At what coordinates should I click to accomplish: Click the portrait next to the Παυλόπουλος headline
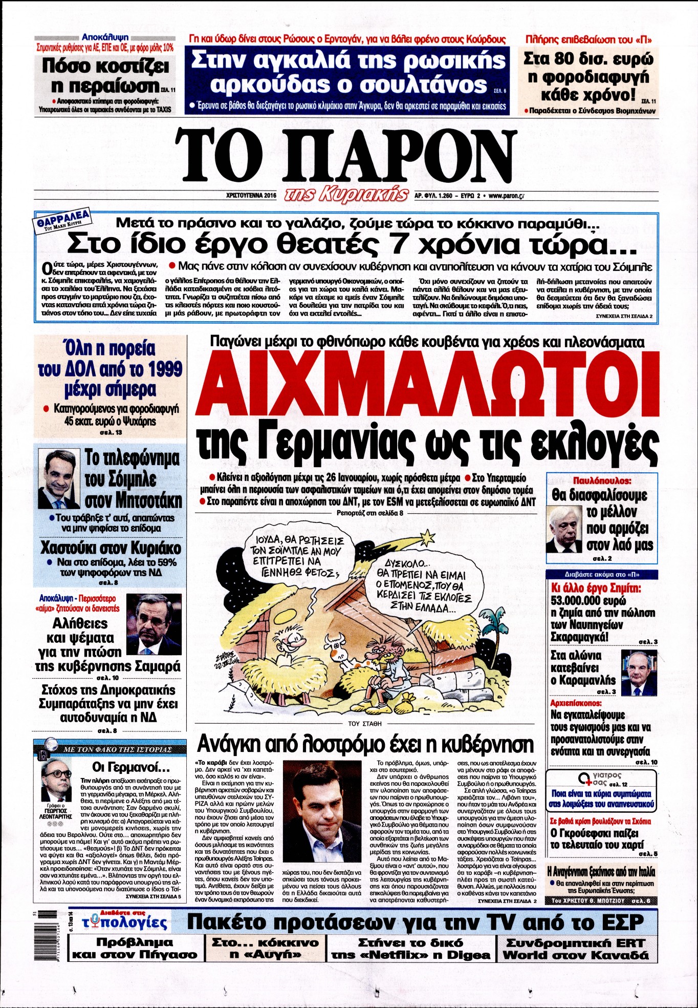(564, 530)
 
